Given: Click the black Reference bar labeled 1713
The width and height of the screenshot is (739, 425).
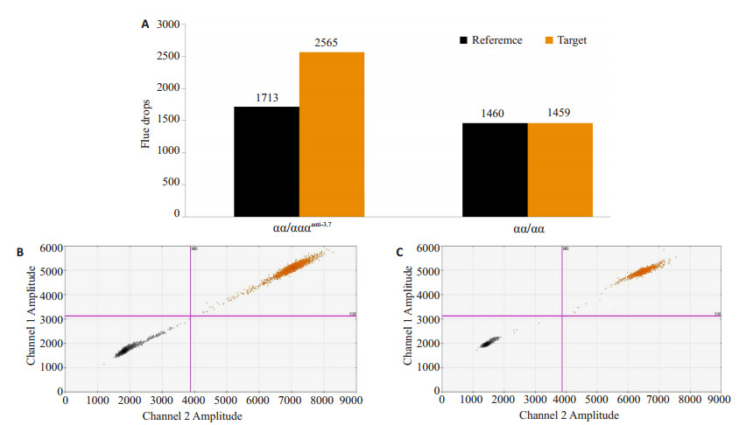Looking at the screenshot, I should (266, 162).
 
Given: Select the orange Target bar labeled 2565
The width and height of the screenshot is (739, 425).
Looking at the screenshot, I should (332, 135).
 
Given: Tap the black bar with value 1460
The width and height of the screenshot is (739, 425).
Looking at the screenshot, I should (494, 170).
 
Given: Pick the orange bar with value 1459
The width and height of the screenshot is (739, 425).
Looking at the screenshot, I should (560, 170).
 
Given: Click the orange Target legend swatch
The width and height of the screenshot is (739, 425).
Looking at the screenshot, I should (551, 40).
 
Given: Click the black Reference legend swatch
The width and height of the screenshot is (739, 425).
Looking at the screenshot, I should (464, 40).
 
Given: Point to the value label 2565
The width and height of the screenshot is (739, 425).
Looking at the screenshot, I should (332, 43).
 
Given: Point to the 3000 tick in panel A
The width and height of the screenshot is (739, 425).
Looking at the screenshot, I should (167, 24).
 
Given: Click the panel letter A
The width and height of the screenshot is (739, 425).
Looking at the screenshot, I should (144, 24).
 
